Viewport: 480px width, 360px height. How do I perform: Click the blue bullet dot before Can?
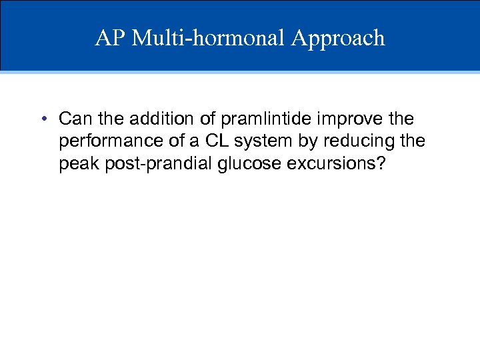(42, 119)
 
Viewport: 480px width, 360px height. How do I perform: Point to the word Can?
(73, 119)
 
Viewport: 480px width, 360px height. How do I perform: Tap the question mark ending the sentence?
(380, 164)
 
